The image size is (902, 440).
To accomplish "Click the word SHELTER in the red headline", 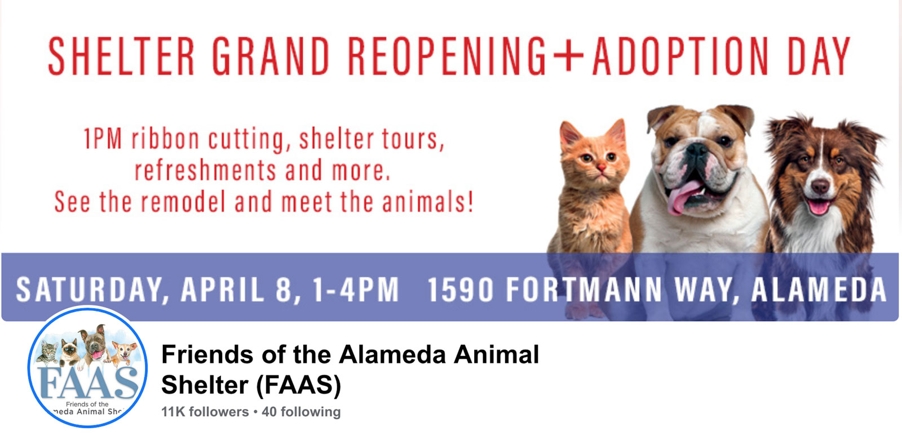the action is pyautogui.click(x=121, y=56).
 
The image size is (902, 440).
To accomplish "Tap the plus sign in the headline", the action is pyautogui.click(x=568, y=56).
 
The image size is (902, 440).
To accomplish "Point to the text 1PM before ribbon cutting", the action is pyautogui.click(x=103, y=139).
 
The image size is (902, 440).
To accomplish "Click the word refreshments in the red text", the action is pyautogui.click(x=205, y=170).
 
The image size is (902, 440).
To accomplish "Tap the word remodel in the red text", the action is pyautogui.click(x=183, y=201).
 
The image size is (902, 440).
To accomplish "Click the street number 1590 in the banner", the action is pyautogui.click(x=460, y=290).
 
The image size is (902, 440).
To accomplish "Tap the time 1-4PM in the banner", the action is pyautogui.click(x=356, y=290).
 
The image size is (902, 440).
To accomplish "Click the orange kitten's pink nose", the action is pyautogui.click(x=601, y=167).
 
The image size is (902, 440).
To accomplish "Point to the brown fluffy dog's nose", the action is pyautogui.click(x=820, y=186).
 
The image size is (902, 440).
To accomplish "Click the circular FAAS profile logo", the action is pyautogui.click(x=88, y=367).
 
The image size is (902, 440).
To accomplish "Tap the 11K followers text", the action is pyautogui.click(x=205, y=412).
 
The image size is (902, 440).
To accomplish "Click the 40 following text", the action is pyautogui.click(x=301, y=412).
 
